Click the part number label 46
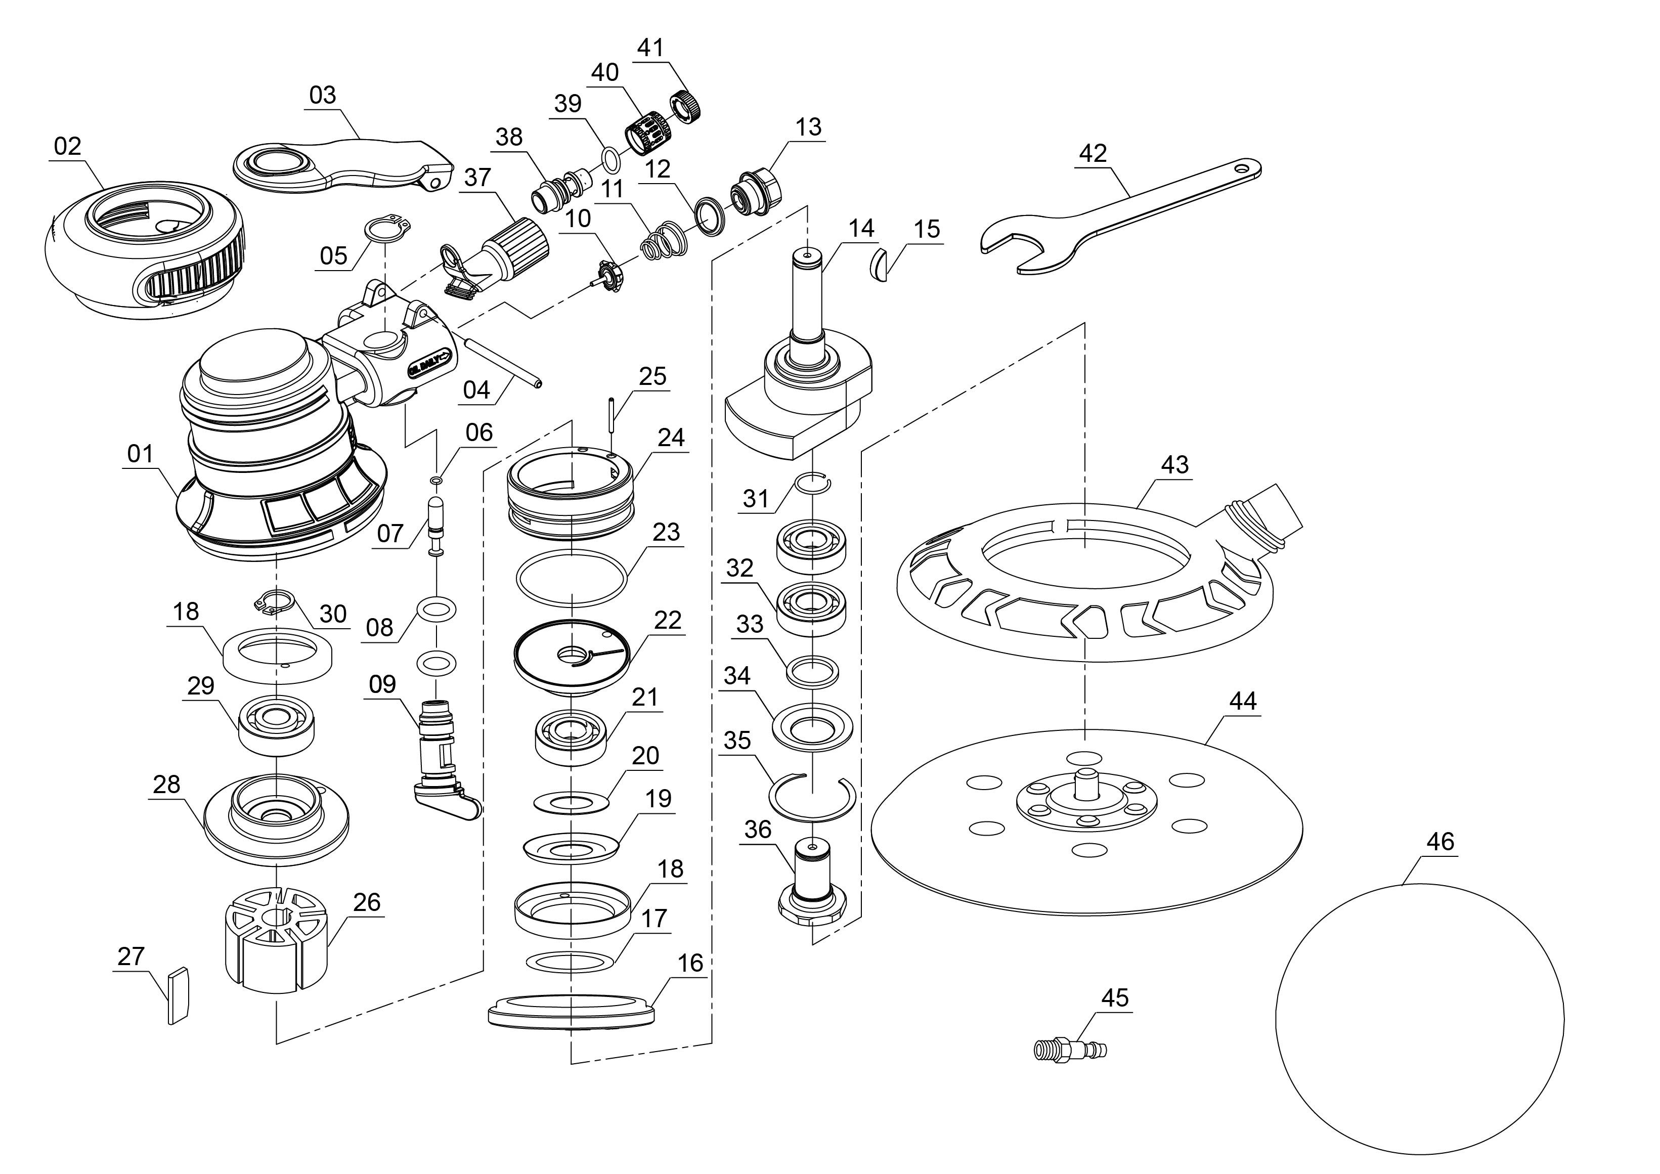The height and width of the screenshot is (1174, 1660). coord(1439,841)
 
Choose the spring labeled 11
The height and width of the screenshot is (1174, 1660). coord(664,241)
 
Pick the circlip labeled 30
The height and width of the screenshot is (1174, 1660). coord(276,602)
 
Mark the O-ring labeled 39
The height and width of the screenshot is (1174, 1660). coord(610,160)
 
